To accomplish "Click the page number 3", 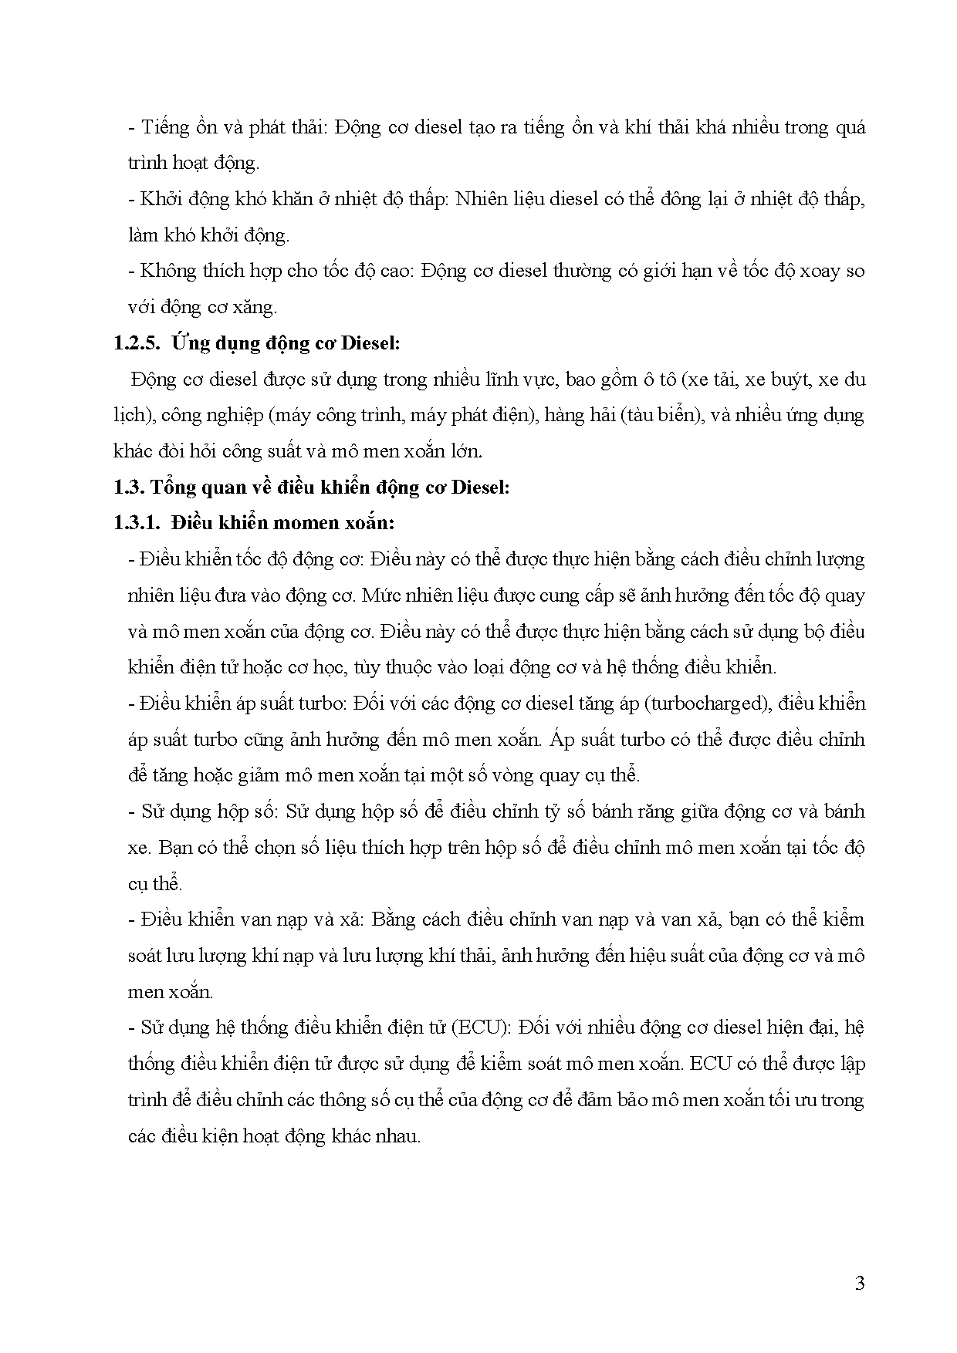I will click(860, 1284).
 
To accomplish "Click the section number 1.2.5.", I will click(136, 344).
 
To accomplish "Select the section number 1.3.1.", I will click(136, 523).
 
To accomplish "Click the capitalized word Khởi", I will click(161, 199).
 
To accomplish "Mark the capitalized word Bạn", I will click(174, 848).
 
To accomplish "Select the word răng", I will click(656, 811).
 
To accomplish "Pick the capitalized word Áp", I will click(563, 739).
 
